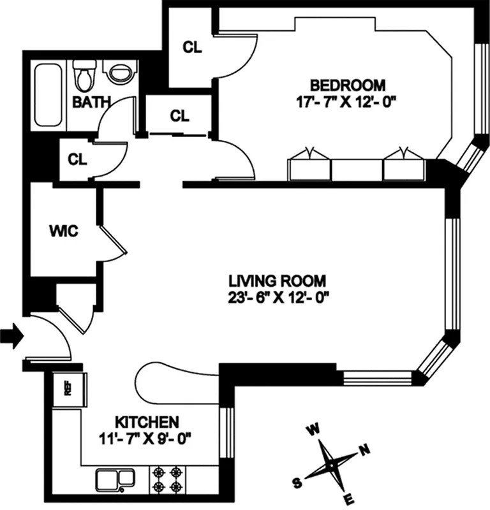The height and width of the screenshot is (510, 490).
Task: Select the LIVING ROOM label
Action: coord(278,280)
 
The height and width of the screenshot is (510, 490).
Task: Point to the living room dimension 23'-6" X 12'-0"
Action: coord(278,297)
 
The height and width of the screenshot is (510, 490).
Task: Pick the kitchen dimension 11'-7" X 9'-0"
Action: coord(145,438)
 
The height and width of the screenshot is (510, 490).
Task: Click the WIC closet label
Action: coord(63,231)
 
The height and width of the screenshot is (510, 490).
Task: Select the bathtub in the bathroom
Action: coord(49,95)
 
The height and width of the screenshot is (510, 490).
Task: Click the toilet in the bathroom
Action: coord(84,76)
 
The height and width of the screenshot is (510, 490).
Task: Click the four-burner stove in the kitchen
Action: coord(167,480)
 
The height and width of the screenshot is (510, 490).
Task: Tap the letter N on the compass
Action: coord(365,451)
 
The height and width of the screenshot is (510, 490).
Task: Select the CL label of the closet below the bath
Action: coord(77,159)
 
